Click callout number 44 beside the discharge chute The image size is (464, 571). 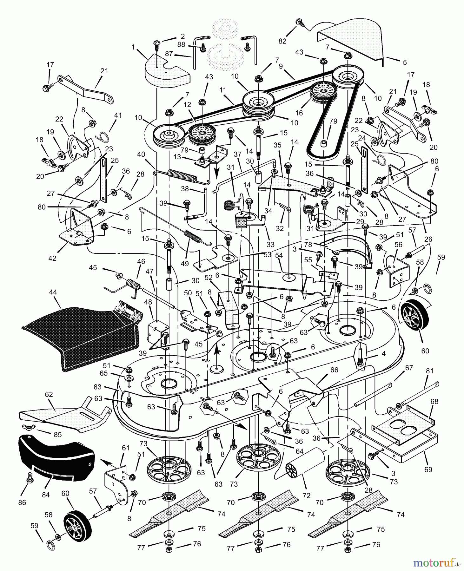53,292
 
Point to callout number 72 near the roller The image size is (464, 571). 306,496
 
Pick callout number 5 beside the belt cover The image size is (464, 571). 405,62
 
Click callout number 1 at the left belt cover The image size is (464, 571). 133,47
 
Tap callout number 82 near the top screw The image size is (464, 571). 282,41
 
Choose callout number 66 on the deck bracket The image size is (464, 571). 334,370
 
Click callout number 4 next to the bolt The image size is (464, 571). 383,353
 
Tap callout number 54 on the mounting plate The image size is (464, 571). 279,256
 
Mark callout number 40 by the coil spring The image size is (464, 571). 141,154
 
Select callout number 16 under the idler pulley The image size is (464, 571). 299,113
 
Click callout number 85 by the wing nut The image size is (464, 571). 57,434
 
